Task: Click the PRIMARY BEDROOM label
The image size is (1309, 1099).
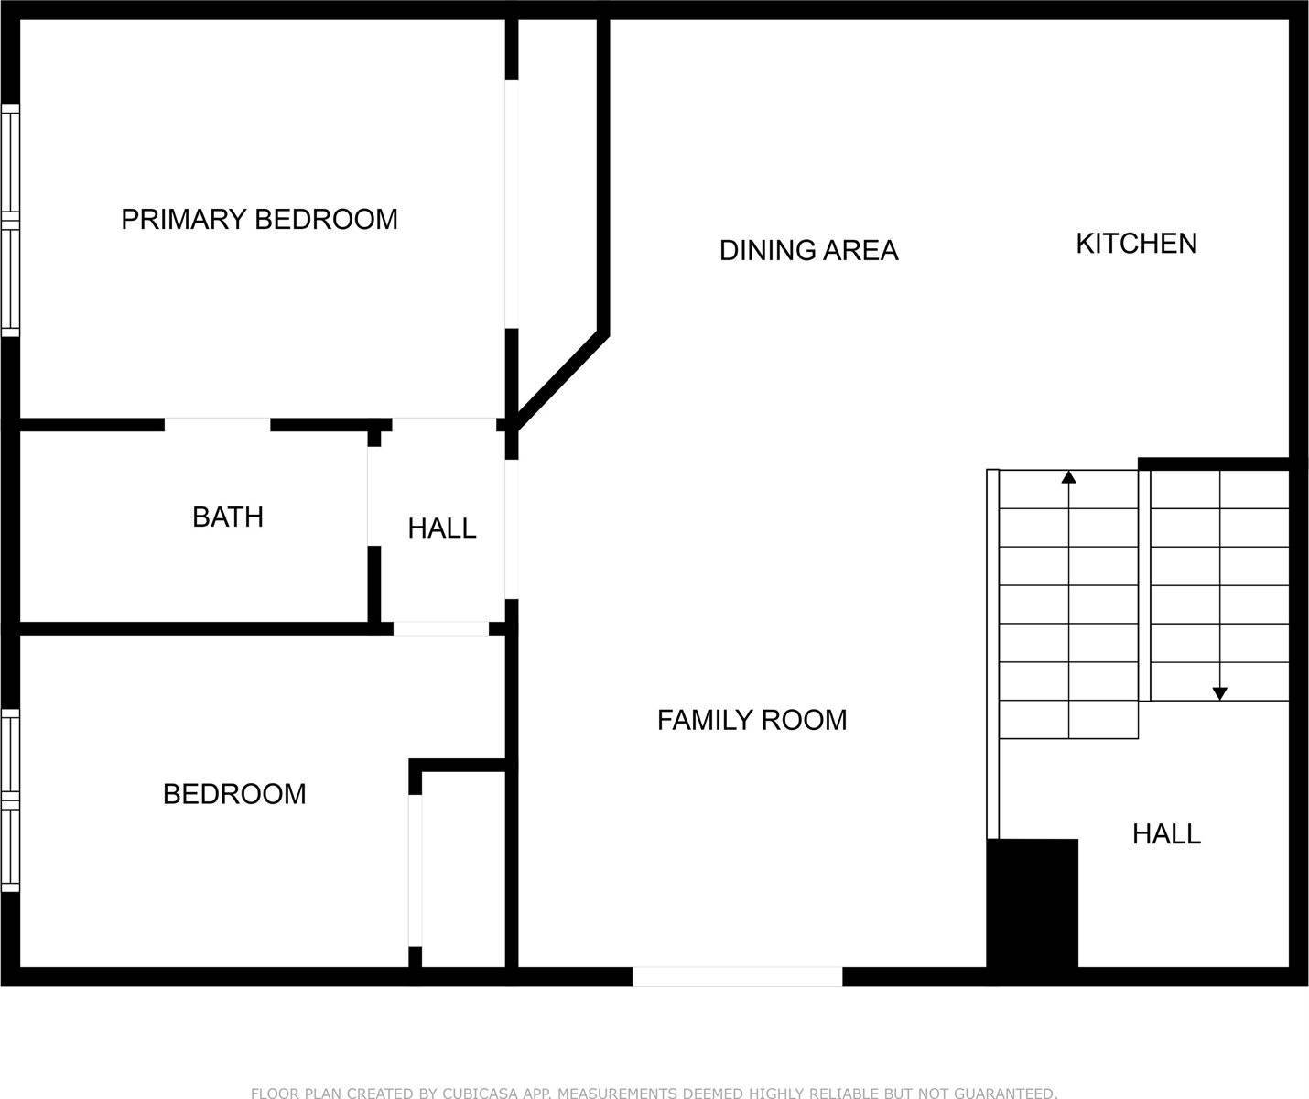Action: pos(260,220)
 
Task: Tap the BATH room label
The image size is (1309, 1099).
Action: pos(228,517)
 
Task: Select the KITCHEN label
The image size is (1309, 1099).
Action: pos(1137,244)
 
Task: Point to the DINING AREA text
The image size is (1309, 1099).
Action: pos(808,250)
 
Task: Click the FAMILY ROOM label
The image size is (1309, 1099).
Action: pos(752,720)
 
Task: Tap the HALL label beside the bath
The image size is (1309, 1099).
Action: pos(442,528)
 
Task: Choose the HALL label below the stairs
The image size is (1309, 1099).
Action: pos(1167,834)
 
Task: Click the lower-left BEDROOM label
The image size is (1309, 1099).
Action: pos(234,794)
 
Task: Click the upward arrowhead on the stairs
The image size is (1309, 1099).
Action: pos(1069,477)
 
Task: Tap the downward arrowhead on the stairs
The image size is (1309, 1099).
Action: pos(1219,693)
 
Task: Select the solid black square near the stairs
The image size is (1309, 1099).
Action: pos(1033,903)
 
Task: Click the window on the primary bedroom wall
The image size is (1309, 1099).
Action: pos(11,221)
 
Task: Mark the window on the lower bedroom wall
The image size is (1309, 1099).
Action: pos(11,800)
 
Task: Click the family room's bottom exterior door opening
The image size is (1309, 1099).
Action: pos(737,976)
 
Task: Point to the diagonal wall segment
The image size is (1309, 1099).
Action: pos(560,381)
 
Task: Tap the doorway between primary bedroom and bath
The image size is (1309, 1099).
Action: pos(218,425)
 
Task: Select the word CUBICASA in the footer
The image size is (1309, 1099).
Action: pos(480,1093)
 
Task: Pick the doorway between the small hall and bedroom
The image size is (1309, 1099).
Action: pos(441,628)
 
